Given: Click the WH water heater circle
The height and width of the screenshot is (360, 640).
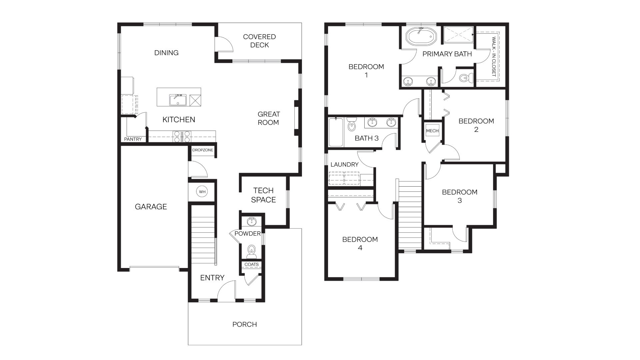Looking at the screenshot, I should pyautogui.click(x=202, y=192).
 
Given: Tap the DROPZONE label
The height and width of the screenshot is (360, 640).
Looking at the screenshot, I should pyautogui.click(x=203, y=150).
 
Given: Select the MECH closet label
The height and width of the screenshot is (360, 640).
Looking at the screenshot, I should pyautogui.click(x=432, y=131).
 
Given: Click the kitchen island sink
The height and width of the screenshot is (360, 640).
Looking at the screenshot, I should pyautogui.click(x=178, y=100).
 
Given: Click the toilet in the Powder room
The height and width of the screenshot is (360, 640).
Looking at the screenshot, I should pyautogui.click(x=251, y=251).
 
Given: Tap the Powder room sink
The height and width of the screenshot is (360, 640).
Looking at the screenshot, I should pyautogui.click(x=252, y=221).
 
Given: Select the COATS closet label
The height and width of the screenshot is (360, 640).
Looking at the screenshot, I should pyautogui.click(x=251, y=264).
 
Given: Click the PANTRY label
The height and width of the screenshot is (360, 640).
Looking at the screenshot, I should pyautogui.click(x=133, y=139).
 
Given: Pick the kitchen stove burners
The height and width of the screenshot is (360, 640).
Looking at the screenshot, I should pyautogui.click(x=182, y=137).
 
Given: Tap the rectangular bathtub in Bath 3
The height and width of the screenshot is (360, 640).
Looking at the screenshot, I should pyautogui.click(x=336, y=132).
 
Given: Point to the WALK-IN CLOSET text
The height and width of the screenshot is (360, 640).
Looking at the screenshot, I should pyautogui.click(x=494, y=57).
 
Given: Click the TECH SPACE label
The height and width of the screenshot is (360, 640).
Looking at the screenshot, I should pyautogui.click(x=263, y=195).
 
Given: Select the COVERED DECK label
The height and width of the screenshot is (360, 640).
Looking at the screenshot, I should pyautogui.click(x=259, y=41).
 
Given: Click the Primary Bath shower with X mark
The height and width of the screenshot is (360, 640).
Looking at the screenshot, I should pyautogui.click(x=458, y=35).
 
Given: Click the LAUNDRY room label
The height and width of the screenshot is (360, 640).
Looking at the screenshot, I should pyautogui.click(x=344, y=164).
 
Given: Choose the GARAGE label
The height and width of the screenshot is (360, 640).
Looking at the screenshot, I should pyautogui.click(x=151, y=207).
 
